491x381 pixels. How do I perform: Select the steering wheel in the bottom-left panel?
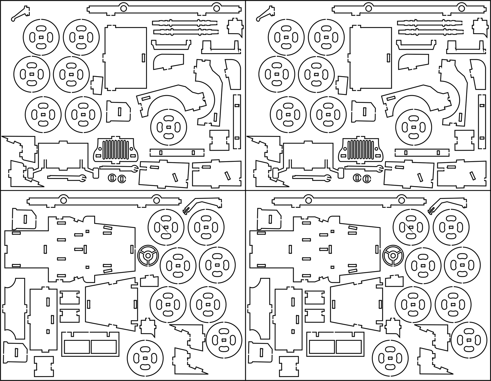(148, 255)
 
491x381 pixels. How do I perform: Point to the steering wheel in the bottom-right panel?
(393, 255)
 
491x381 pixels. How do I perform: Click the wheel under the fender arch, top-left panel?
(168, 126)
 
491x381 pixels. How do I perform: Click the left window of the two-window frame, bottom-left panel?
(76, 347)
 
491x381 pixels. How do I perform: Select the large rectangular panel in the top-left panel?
(126, 58)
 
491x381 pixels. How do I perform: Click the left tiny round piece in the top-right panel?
(357, 178)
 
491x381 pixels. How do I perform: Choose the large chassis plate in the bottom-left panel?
(71, 249)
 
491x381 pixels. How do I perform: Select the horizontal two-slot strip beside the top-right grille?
(422, 152)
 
